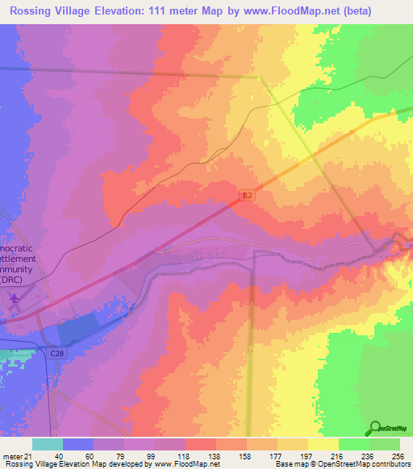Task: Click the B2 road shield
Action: tap(248, 195)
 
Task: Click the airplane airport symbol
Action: tap(15, 300)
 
